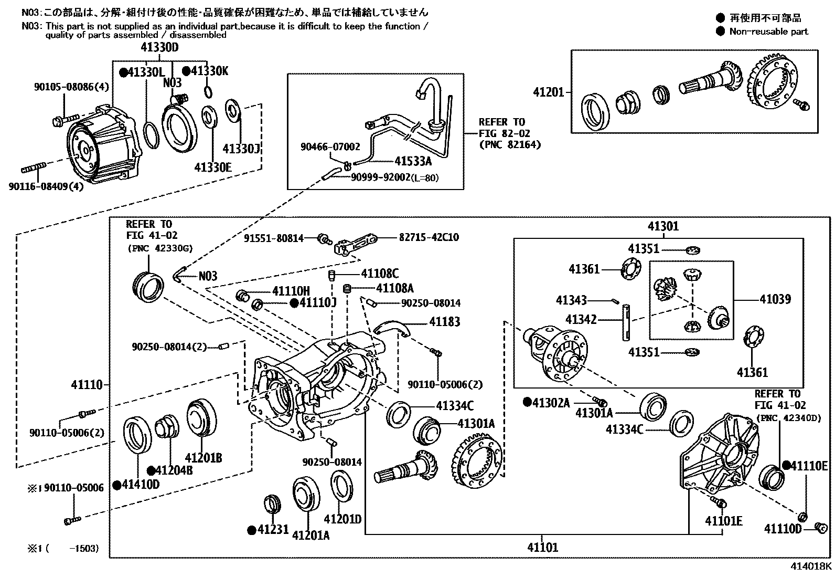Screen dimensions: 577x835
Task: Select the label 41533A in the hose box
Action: [413, 161]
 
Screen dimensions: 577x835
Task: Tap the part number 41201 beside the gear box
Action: [548, 92]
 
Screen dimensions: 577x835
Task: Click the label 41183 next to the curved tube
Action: [444, 321]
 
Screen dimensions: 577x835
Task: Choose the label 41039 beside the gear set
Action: [775, 299]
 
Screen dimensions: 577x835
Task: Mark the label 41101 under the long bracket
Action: [543, 548]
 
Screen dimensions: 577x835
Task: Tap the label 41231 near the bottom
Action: [273, 529]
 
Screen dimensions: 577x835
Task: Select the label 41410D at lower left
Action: [141, 484]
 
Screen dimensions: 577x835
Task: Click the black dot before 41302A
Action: [527, 402]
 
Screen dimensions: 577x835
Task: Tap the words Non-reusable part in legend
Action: [768, 32]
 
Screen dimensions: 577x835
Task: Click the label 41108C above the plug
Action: [379, 274]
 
